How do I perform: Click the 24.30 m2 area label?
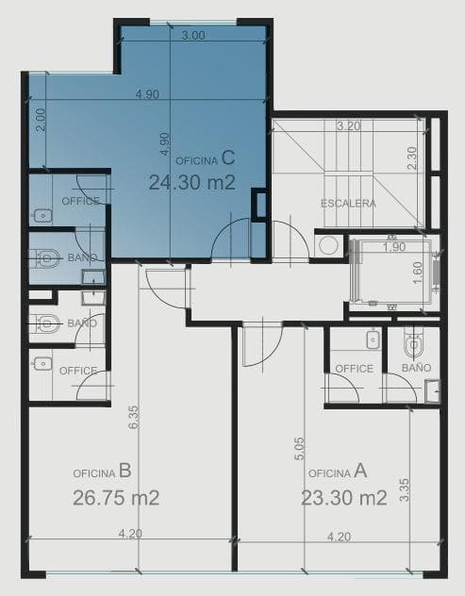coord(191,183)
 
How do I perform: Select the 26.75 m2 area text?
coord(116,498)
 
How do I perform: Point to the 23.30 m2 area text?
coord(344,498)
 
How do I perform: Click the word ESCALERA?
coord(348,204)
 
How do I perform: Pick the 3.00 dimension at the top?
coord(192,36)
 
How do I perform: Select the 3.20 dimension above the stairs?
coord(350,124)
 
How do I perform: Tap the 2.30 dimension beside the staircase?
coord(411,157)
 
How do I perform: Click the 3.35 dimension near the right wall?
coord(405,492)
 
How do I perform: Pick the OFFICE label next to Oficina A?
coord(355,368)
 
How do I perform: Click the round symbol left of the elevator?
coord(328,245)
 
